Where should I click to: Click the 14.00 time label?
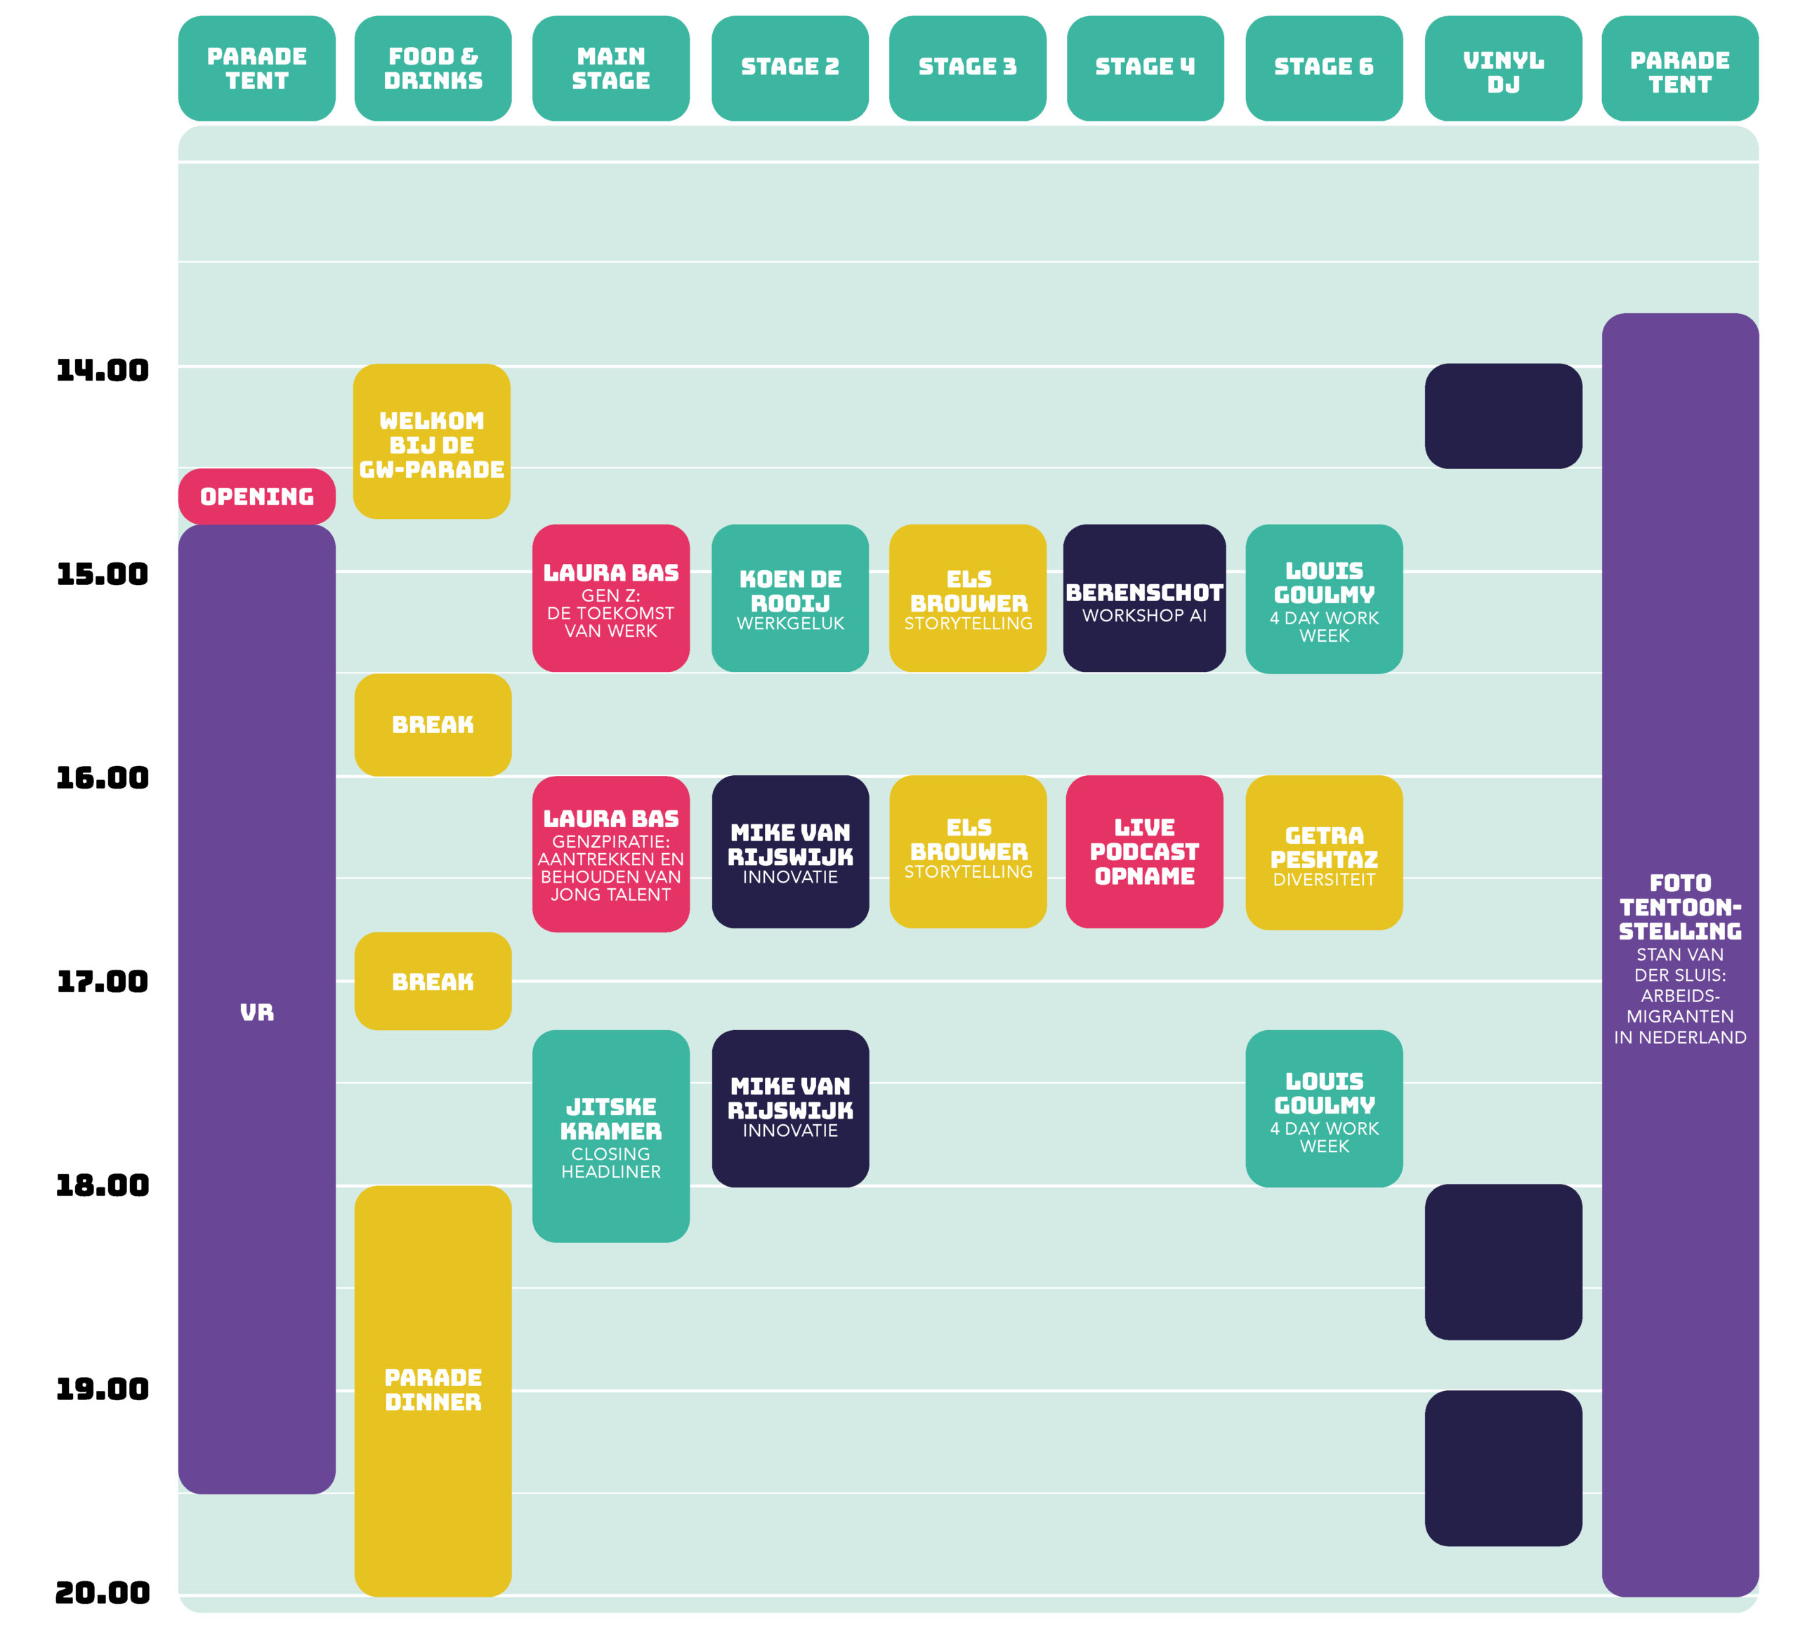(103, 370)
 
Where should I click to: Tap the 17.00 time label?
(103, 982)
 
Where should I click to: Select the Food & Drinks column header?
(433, 69)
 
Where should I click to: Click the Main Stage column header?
(611, 69)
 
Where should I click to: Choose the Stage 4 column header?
(1145, 69)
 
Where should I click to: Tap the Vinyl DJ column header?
(1504, 69)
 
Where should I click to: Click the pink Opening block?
(257, 496)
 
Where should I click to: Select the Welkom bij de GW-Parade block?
(432, 442)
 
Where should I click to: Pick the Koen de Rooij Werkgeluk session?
(790, 598)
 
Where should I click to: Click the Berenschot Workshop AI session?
(1144, 598)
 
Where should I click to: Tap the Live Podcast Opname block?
(1144, 852)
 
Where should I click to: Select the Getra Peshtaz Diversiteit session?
(1325, 852)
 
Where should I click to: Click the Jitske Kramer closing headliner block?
(611, 1136)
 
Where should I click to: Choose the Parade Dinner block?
(433, 1390)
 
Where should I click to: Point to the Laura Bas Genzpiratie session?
(611, 855)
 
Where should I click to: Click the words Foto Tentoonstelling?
(1680, 907)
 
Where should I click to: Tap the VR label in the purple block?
(257, 1013)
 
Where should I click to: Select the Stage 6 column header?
(1325, 69)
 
